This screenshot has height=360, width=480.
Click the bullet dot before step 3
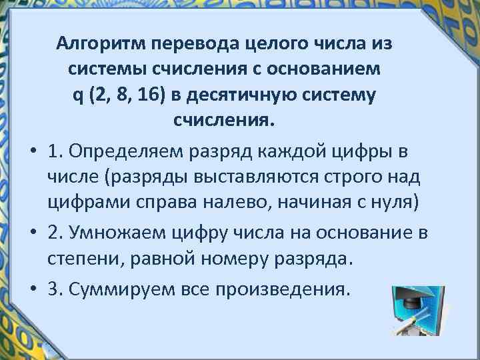coord(31,290)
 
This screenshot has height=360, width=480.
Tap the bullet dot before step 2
coord(31,233)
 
